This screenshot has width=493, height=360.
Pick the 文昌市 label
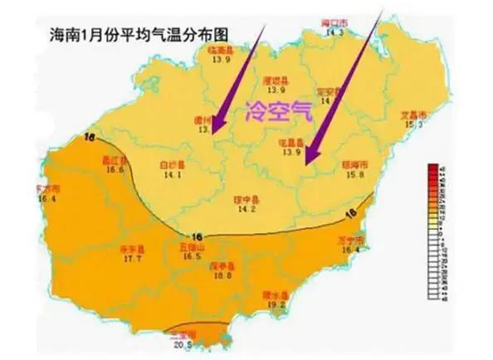pos(413,114)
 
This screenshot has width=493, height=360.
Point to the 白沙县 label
pos(173,165)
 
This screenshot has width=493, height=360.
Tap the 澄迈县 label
pos(275,80)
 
